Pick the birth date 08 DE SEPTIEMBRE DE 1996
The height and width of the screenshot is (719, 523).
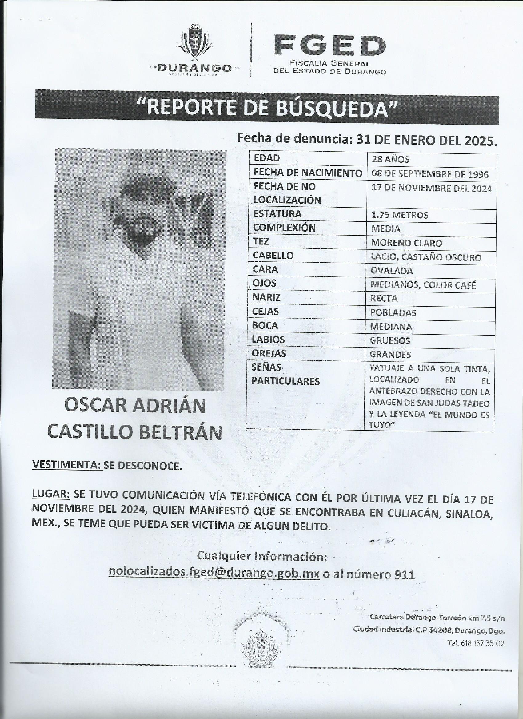pyautogui.click(x=430, y=174)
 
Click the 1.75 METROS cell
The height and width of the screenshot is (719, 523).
pyautogui.click(x=400, y=216)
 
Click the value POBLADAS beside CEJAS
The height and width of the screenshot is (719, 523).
pyautogui.click(x=393, y=312)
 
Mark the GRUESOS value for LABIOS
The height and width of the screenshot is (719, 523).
pyautogui.click(x=390, y=340)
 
